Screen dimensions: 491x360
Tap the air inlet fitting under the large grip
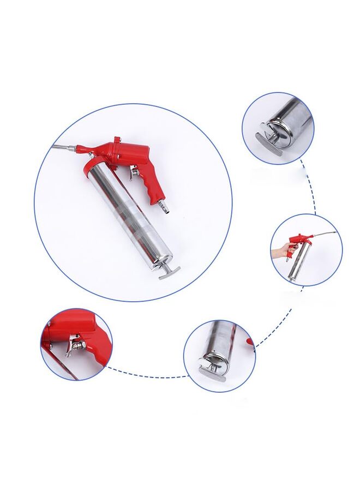point(164,206)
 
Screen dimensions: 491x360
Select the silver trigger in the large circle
point(134,173)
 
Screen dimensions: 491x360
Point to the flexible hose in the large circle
point(64,147)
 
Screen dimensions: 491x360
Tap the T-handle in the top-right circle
point(268,144)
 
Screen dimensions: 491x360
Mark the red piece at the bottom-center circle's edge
point(250,342)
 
